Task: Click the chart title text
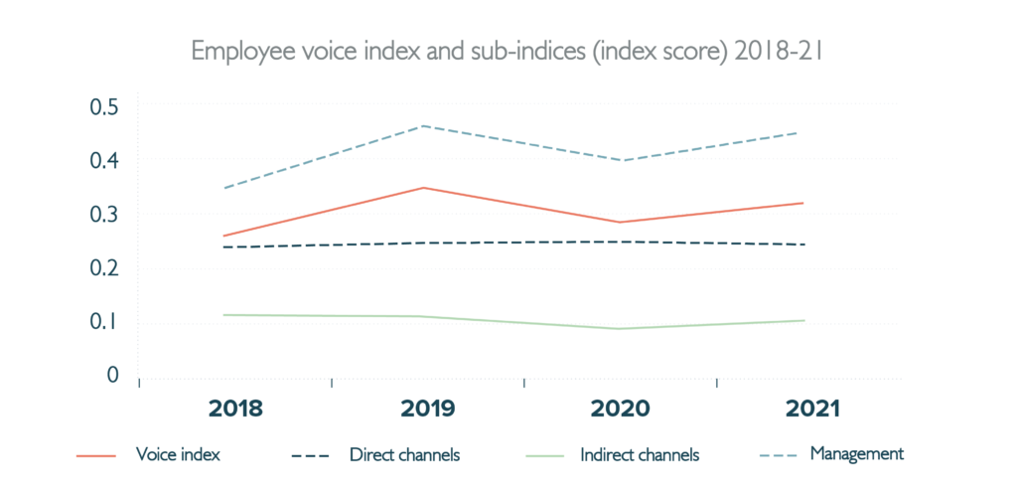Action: (508, 51)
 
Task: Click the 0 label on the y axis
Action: (112, 376)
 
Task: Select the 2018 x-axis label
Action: (236, 409)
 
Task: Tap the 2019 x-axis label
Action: (427, 409)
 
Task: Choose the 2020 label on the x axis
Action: (620, 409)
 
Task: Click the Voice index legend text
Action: (178, 455)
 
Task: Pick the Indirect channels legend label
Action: (640, 455)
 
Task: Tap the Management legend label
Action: (856, 454)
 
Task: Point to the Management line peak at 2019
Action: (424, 126)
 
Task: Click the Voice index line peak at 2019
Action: (424, 188)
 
